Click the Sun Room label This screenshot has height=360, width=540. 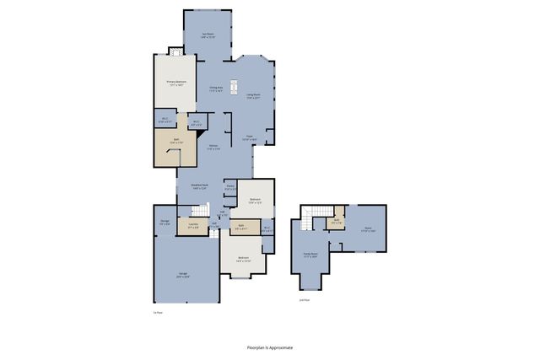[x=208, y=35]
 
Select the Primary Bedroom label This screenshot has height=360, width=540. [x=175, y=83]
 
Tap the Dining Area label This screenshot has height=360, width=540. [x=216, y=89]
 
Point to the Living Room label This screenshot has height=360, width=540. [x=253, y=96]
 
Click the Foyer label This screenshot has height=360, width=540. [x=250, y=137]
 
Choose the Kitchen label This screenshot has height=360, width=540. [x=214, y=148]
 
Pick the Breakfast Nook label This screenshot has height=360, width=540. [x=199, y=185]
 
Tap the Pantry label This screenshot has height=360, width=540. [x=229, y=188]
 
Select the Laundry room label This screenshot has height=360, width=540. [x=193, y=224]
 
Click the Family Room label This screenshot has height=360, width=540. [x=310, y=255]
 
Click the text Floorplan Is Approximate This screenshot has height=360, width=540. [x=270, y=347]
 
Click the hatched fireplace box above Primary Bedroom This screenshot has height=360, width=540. [x=175, y=51]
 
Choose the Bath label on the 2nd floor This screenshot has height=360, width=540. [x=336, y=221]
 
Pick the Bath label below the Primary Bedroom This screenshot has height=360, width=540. [x=176, y=141]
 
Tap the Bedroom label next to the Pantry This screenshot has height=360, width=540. [x=255, y=201]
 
